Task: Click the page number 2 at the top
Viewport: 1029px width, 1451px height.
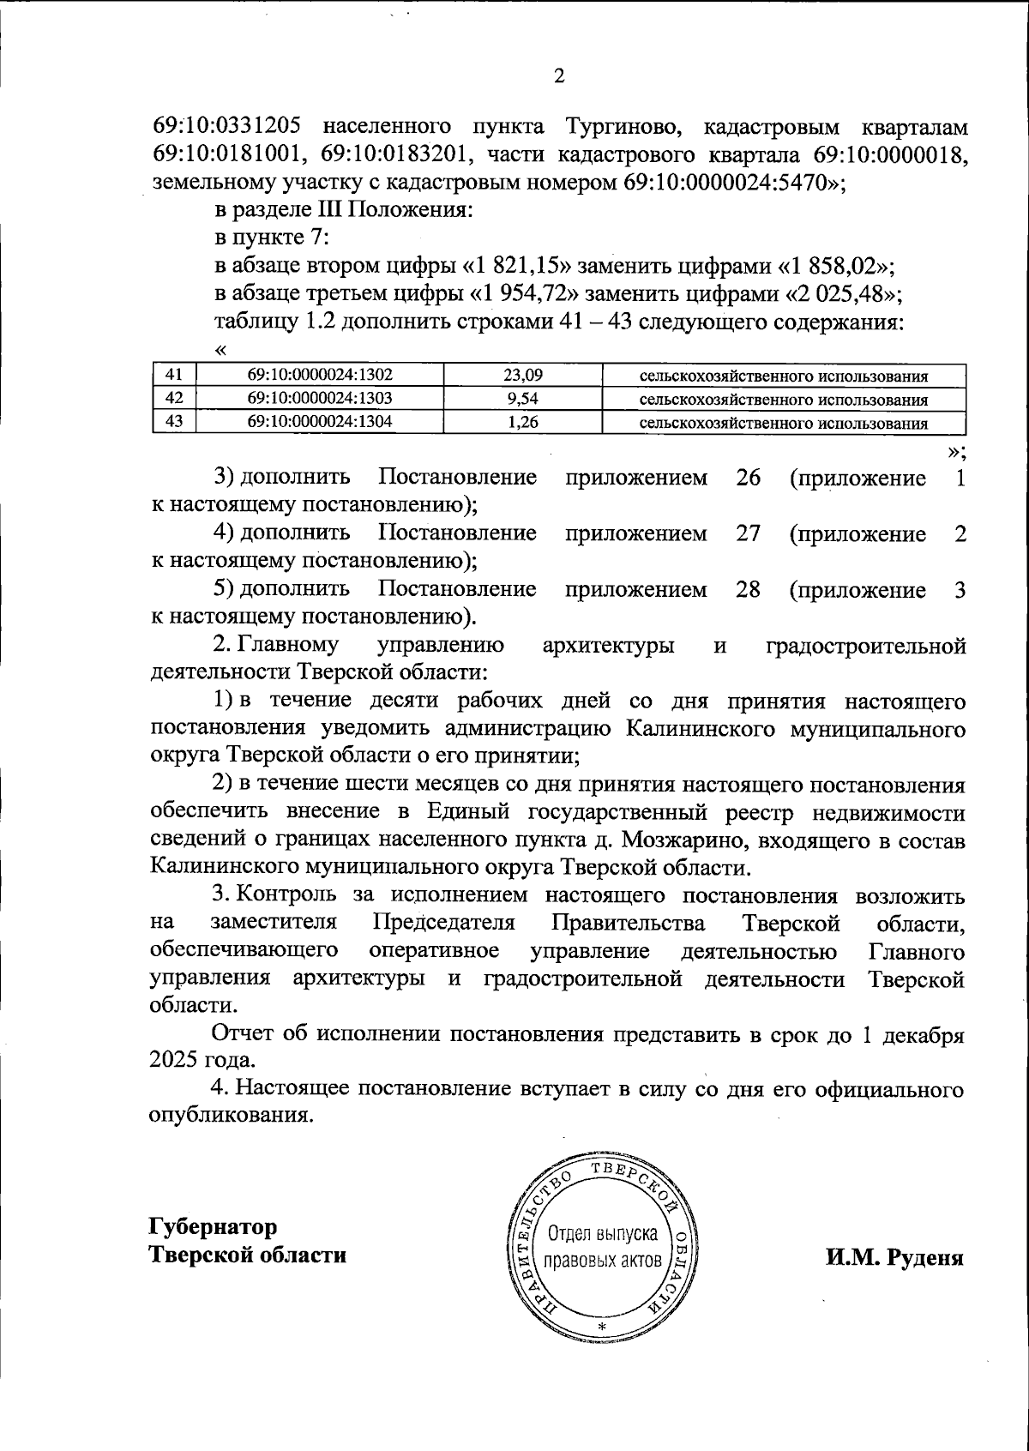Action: coord(559,77)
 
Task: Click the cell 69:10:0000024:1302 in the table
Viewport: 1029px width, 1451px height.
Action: coord(320,375)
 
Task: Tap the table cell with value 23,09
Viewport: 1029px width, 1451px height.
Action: coord(524,375)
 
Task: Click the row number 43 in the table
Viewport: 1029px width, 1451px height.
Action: coord(174,421)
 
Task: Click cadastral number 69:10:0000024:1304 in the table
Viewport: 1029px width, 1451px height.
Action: coord(320,421)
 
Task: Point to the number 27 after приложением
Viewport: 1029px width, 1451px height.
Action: coord(748,533)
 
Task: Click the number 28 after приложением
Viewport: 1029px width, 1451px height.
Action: coord(748,590)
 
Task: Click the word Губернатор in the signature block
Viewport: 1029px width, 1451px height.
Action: coord(213,1226)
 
